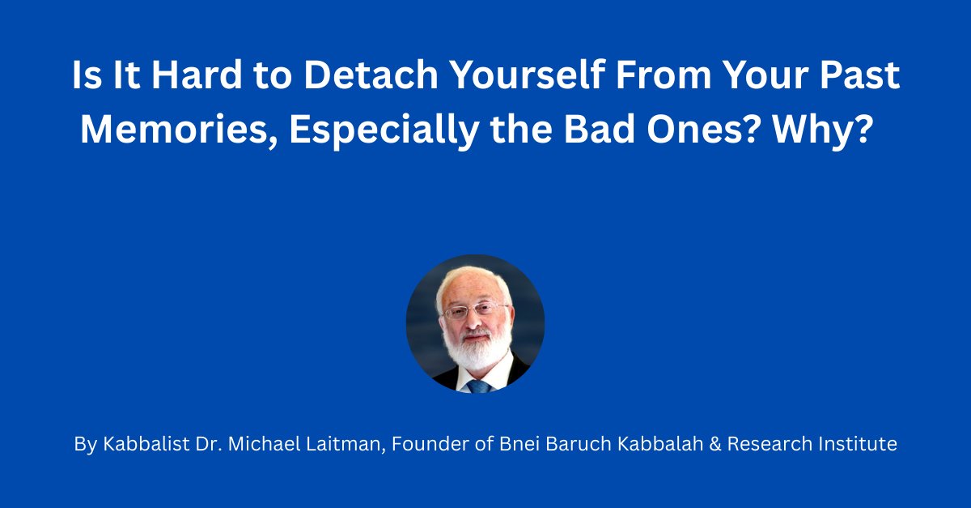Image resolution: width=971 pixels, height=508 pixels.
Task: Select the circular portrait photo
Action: (x=475, y=323)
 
